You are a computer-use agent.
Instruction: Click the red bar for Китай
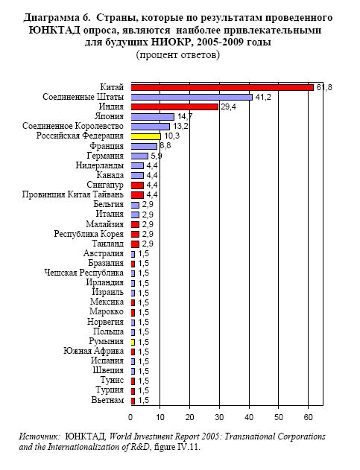[x=222, y=88]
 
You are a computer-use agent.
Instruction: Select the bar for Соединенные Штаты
[x=192, y=97]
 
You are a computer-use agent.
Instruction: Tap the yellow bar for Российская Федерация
[x=146, y=136]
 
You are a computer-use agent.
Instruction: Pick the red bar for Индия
[x=174, y=107]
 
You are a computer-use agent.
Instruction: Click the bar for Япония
[x=152, y=117]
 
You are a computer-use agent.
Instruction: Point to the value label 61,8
[x=324, y=88]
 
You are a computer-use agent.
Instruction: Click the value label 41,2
[x=263, y=97]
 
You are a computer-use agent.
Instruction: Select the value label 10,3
[x=172, y=136]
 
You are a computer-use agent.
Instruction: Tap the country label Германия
[x=105, y=156]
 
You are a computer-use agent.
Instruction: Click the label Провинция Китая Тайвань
[x=72, y=194]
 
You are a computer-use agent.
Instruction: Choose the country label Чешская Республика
[x=83, y=273]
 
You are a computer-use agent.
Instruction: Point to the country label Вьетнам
[x=107, y=400]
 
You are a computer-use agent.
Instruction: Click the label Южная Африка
[x=93, y=351]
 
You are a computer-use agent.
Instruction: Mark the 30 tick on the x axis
[x=219, y=417]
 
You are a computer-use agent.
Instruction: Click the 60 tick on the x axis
[x=309, y=417]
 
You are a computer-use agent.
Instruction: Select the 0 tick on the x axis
[x=130, y=417]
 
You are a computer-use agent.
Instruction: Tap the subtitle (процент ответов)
[x=178, y=55]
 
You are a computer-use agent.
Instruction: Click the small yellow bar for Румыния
[x=133, y=342]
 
